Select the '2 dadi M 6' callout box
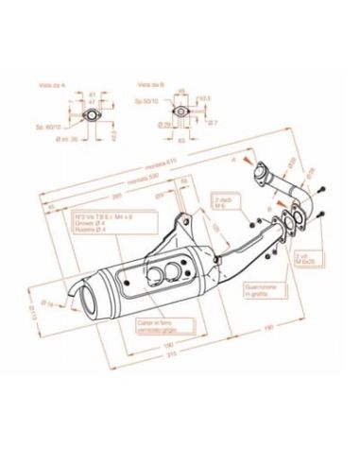(223, 205)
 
